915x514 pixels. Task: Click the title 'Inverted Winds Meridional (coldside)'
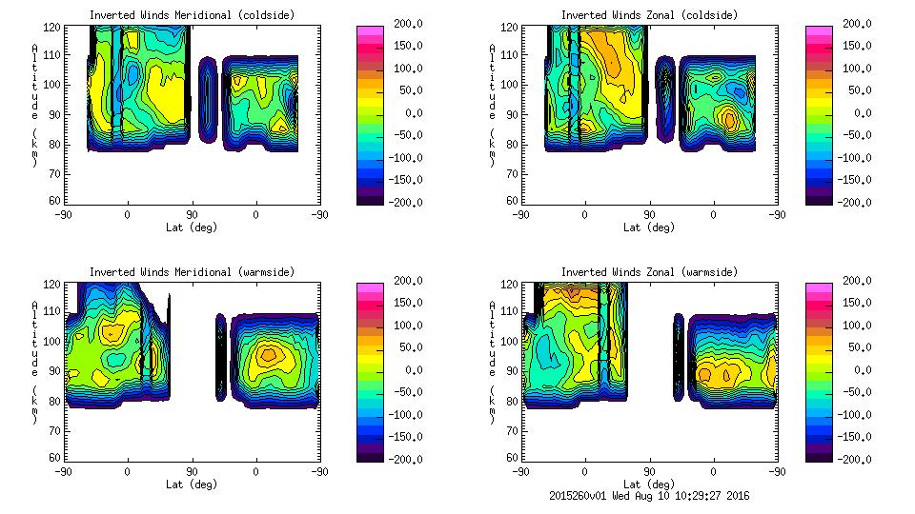click(x=192, y=15)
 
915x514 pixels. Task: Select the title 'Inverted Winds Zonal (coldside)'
click(x=649, y=15)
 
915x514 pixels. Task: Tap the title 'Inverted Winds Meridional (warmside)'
click(x=192, y=272)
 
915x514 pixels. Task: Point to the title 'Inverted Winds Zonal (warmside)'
click(x=649, y=272)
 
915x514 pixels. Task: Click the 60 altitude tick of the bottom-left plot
click(x=57, y=458)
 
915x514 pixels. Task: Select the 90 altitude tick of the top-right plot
click(x=515, y=114)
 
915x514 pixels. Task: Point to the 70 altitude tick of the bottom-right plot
click(x=515, y=430)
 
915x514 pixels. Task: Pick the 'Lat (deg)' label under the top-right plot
click(x=649, y=227)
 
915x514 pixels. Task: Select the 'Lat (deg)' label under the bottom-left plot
click(x=192, y=484)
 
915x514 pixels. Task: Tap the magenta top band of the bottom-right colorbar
click(x=819, y=287)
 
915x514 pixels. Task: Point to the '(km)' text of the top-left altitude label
click(x=35, y=148)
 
